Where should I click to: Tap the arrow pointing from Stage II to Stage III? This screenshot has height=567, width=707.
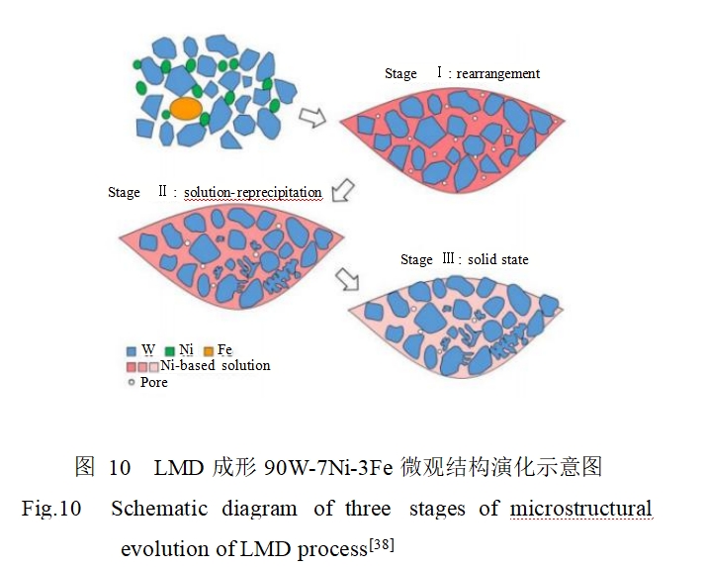(348, 280)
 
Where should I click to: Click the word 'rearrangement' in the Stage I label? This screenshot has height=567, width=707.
(498, 73)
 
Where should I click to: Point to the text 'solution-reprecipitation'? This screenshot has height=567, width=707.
(253, 192)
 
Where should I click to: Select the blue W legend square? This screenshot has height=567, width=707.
(132, 350)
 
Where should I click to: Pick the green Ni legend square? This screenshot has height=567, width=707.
(169, 350)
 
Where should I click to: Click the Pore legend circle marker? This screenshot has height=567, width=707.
(132, 382)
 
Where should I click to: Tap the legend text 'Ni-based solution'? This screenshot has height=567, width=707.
(216, 365)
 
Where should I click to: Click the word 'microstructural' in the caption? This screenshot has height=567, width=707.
(581, 510)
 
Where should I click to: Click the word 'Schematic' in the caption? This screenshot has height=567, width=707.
(159, 510)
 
